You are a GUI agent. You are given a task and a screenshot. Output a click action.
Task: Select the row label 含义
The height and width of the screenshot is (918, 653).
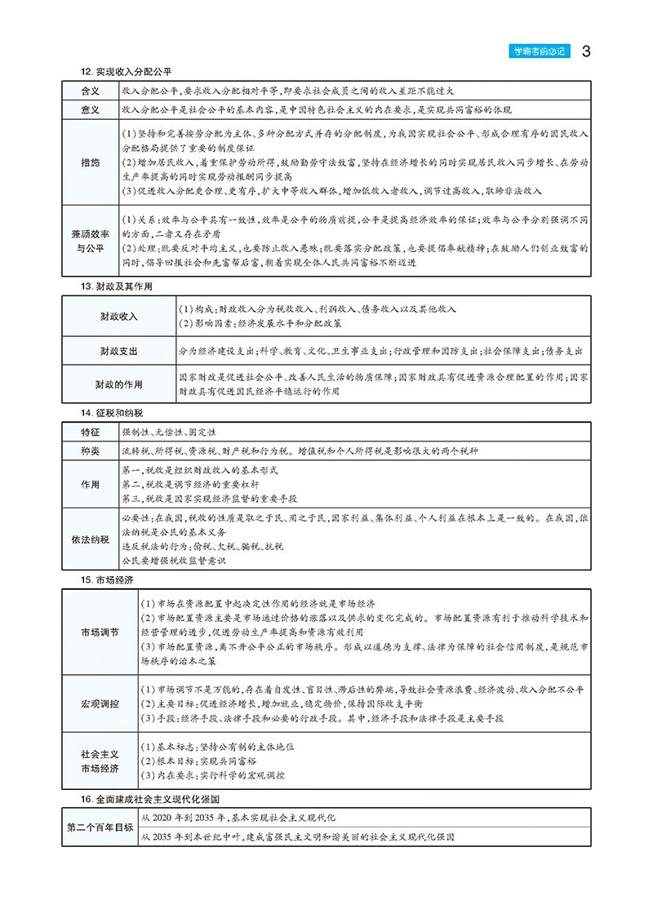(x=90, y=91)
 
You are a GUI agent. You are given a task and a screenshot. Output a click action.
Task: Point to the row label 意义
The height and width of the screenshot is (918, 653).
(x=90, y=109)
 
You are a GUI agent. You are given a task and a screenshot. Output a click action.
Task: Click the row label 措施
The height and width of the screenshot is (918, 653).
(x=90, y=162)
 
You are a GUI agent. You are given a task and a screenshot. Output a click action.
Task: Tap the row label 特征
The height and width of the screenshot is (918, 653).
(x=90, y=431)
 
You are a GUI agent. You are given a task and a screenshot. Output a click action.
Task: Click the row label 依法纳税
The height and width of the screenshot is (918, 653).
(x=90, y=539)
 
